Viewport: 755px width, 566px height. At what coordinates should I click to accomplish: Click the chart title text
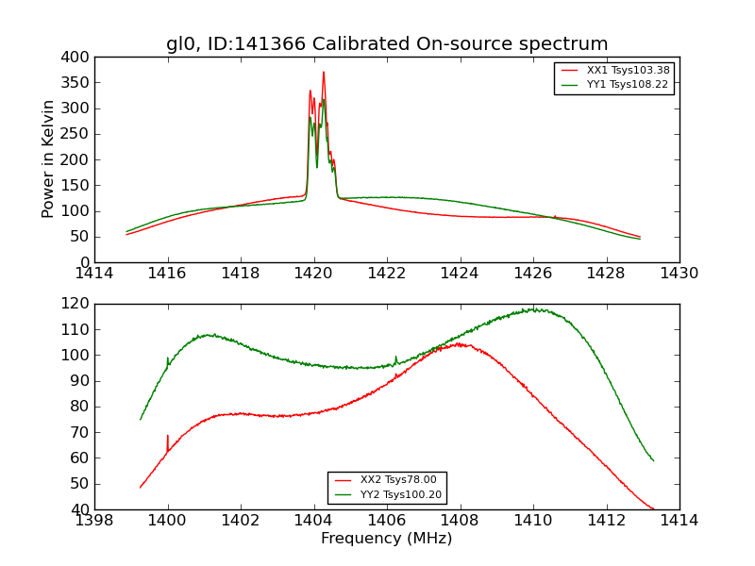[x=387, y=44]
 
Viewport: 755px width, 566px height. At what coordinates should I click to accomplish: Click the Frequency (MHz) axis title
[x=387, y=539]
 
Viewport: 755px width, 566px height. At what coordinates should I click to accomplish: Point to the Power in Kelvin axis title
[x=49, y=159]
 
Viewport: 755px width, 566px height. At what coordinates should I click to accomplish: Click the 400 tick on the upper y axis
[x=78, y=58]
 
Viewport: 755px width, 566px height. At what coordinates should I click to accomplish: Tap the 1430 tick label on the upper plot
[x=679, y=274]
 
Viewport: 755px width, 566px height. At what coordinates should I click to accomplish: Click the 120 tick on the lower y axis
[x=78, y=304]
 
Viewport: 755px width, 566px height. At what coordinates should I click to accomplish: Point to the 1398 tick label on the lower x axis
[x=95, y=521]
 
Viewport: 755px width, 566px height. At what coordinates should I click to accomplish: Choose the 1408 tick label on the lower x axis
[x=460, y=521]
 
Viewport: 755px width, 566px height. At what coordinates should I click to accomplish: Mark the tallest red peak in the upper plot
[x=323, y=73]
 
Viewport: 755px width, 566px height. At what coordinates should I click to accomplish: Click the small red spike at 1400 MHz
[x=168, y=437]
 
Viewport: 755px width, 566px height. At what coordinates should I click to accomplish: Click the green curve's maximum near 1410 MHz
[x=533, y=308]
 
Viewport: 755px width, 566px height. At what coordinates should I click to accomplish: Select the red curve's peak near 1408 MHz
[x=460, y=343]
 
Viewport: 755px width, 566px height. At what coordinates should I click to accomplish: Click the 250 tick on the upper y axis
[x=78, y=134]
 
